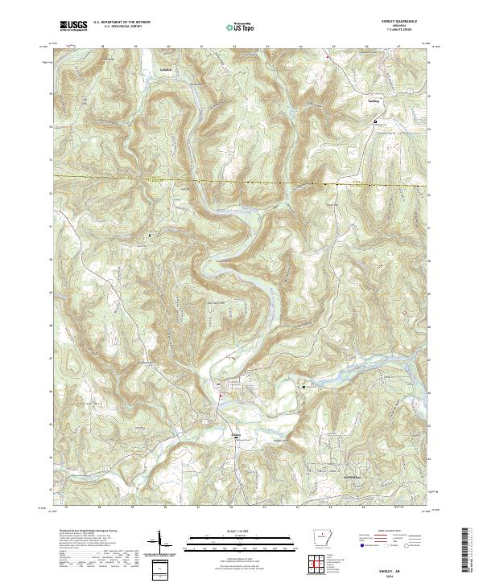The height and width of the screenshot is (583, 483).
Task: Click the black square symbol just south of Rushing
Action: [x=375, y=121]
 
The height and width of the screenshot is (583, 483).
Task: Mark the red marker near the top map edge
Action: [x=328, y=57]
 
